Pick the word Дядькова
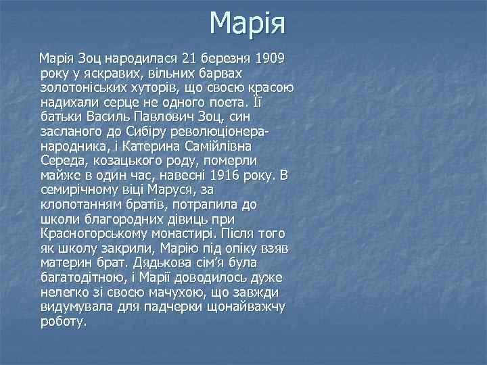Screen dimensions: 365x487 coord(156,264)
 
